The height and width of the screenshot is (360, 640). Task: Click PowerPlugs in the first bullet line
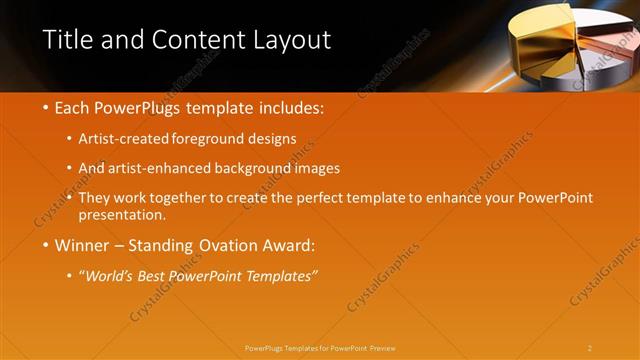[x=138, y=106]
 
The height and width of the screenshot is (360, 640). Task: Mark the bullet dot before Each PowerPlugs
[x=47, y=107]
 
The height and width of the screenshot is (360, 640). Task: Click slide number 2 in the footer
[x=590, y=348]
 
